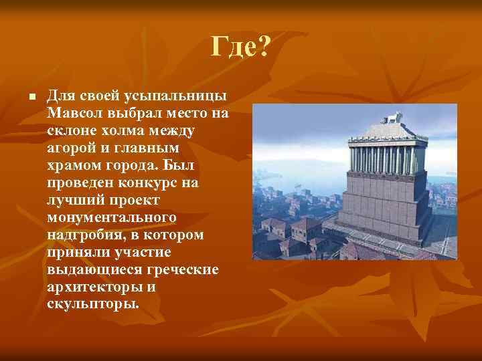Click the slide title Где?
coord(240,47)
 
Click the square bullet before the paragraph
coord(31,98)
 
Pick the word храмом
coord(74,165)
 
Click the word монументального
coord(112,217)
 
